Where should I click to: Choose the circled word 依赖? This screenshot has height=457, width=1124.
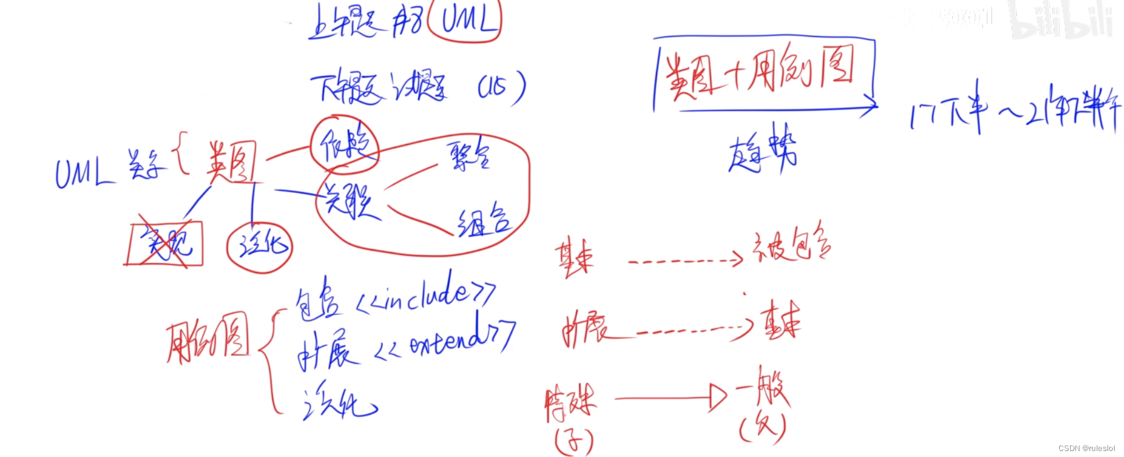[344, 145]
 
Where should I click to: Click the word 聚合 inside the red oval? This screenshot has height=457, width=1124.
[469, 156]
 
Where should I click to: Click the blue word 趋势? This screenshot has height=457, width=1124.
[762, 149]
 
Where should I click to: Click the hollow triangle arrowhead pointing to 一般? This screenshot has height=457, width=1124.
[718, 397]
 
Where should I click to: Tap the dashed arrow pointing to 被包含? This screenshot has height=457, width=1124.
[684, 260]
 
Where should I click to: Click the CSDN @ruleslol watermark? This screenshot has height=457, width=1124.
[1086, 448]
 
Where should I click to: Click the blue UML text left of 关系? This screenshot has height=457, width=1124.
[83, 173]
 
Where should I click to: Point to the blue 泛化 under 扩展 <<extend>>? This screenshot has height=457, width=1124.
[338, 401]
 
